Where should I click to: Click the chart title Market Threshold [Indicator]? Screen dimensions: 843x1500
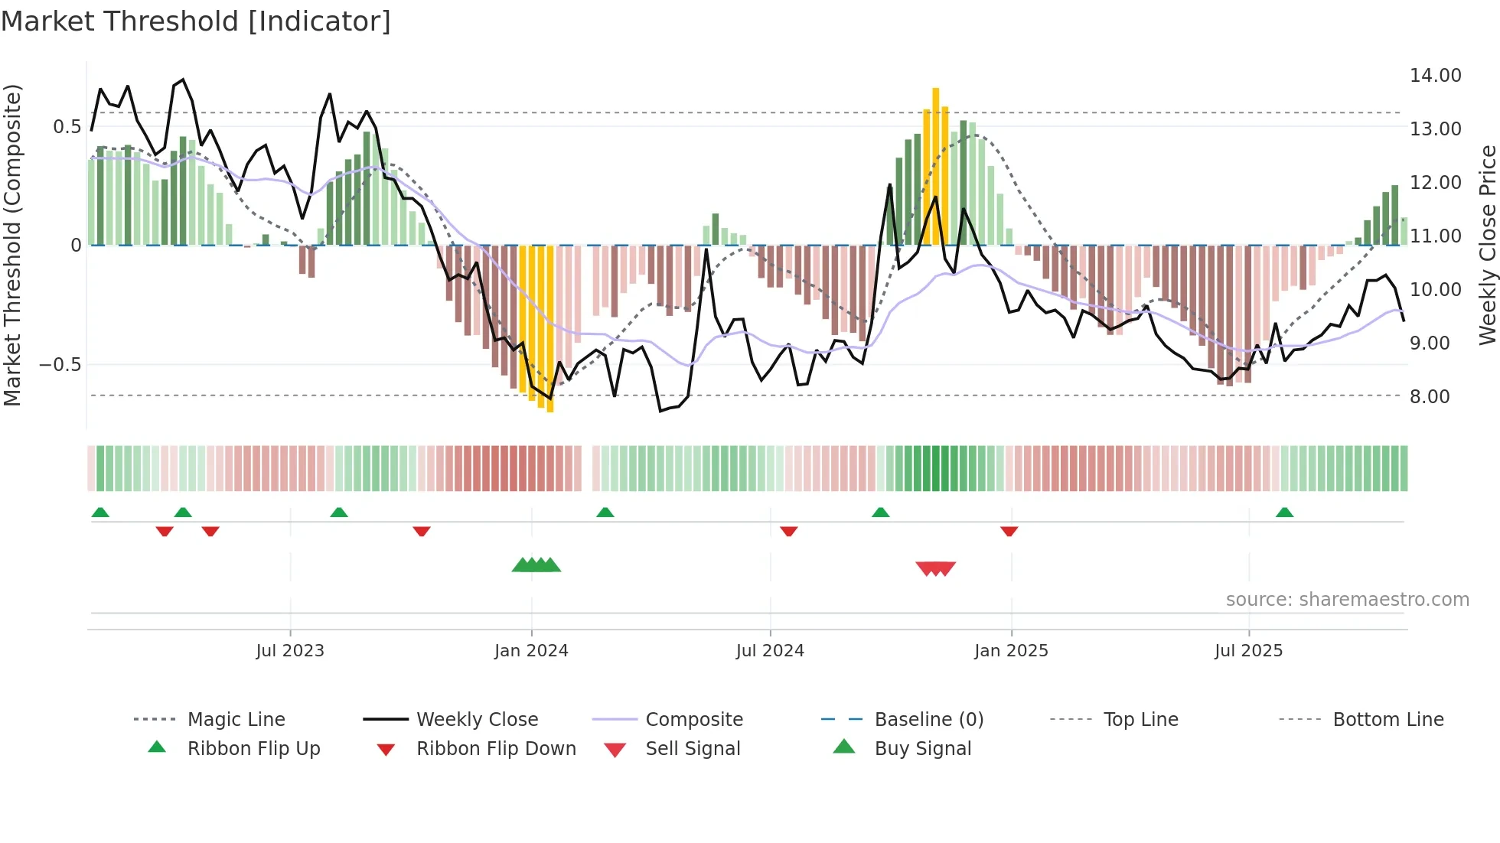click(196, 21)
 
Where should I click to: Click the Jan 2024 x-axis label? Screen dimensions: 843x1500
click(531, 650)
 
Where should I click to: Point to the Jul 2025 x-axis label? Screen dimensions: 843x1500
click(1248, 650)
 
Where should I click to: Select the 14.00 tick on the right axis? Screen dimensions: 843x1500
click(1435, 75)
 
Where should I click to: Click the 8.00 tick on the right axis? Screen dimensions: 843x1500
click(1430, 396)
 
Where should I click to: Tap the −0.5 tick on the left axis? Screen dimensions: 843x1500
click(60, 364)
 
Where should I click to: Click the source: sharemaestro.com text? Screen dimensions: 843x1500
click(1347, 599)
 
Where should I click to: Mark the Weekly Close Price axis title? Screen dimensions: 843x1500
click(1487, 245)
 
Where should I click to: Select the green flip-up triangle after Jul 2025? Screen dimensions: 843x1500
click(1284, 513)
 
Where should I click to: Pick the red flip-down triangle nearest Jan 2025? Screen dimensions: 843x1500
click(1009, 531)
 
